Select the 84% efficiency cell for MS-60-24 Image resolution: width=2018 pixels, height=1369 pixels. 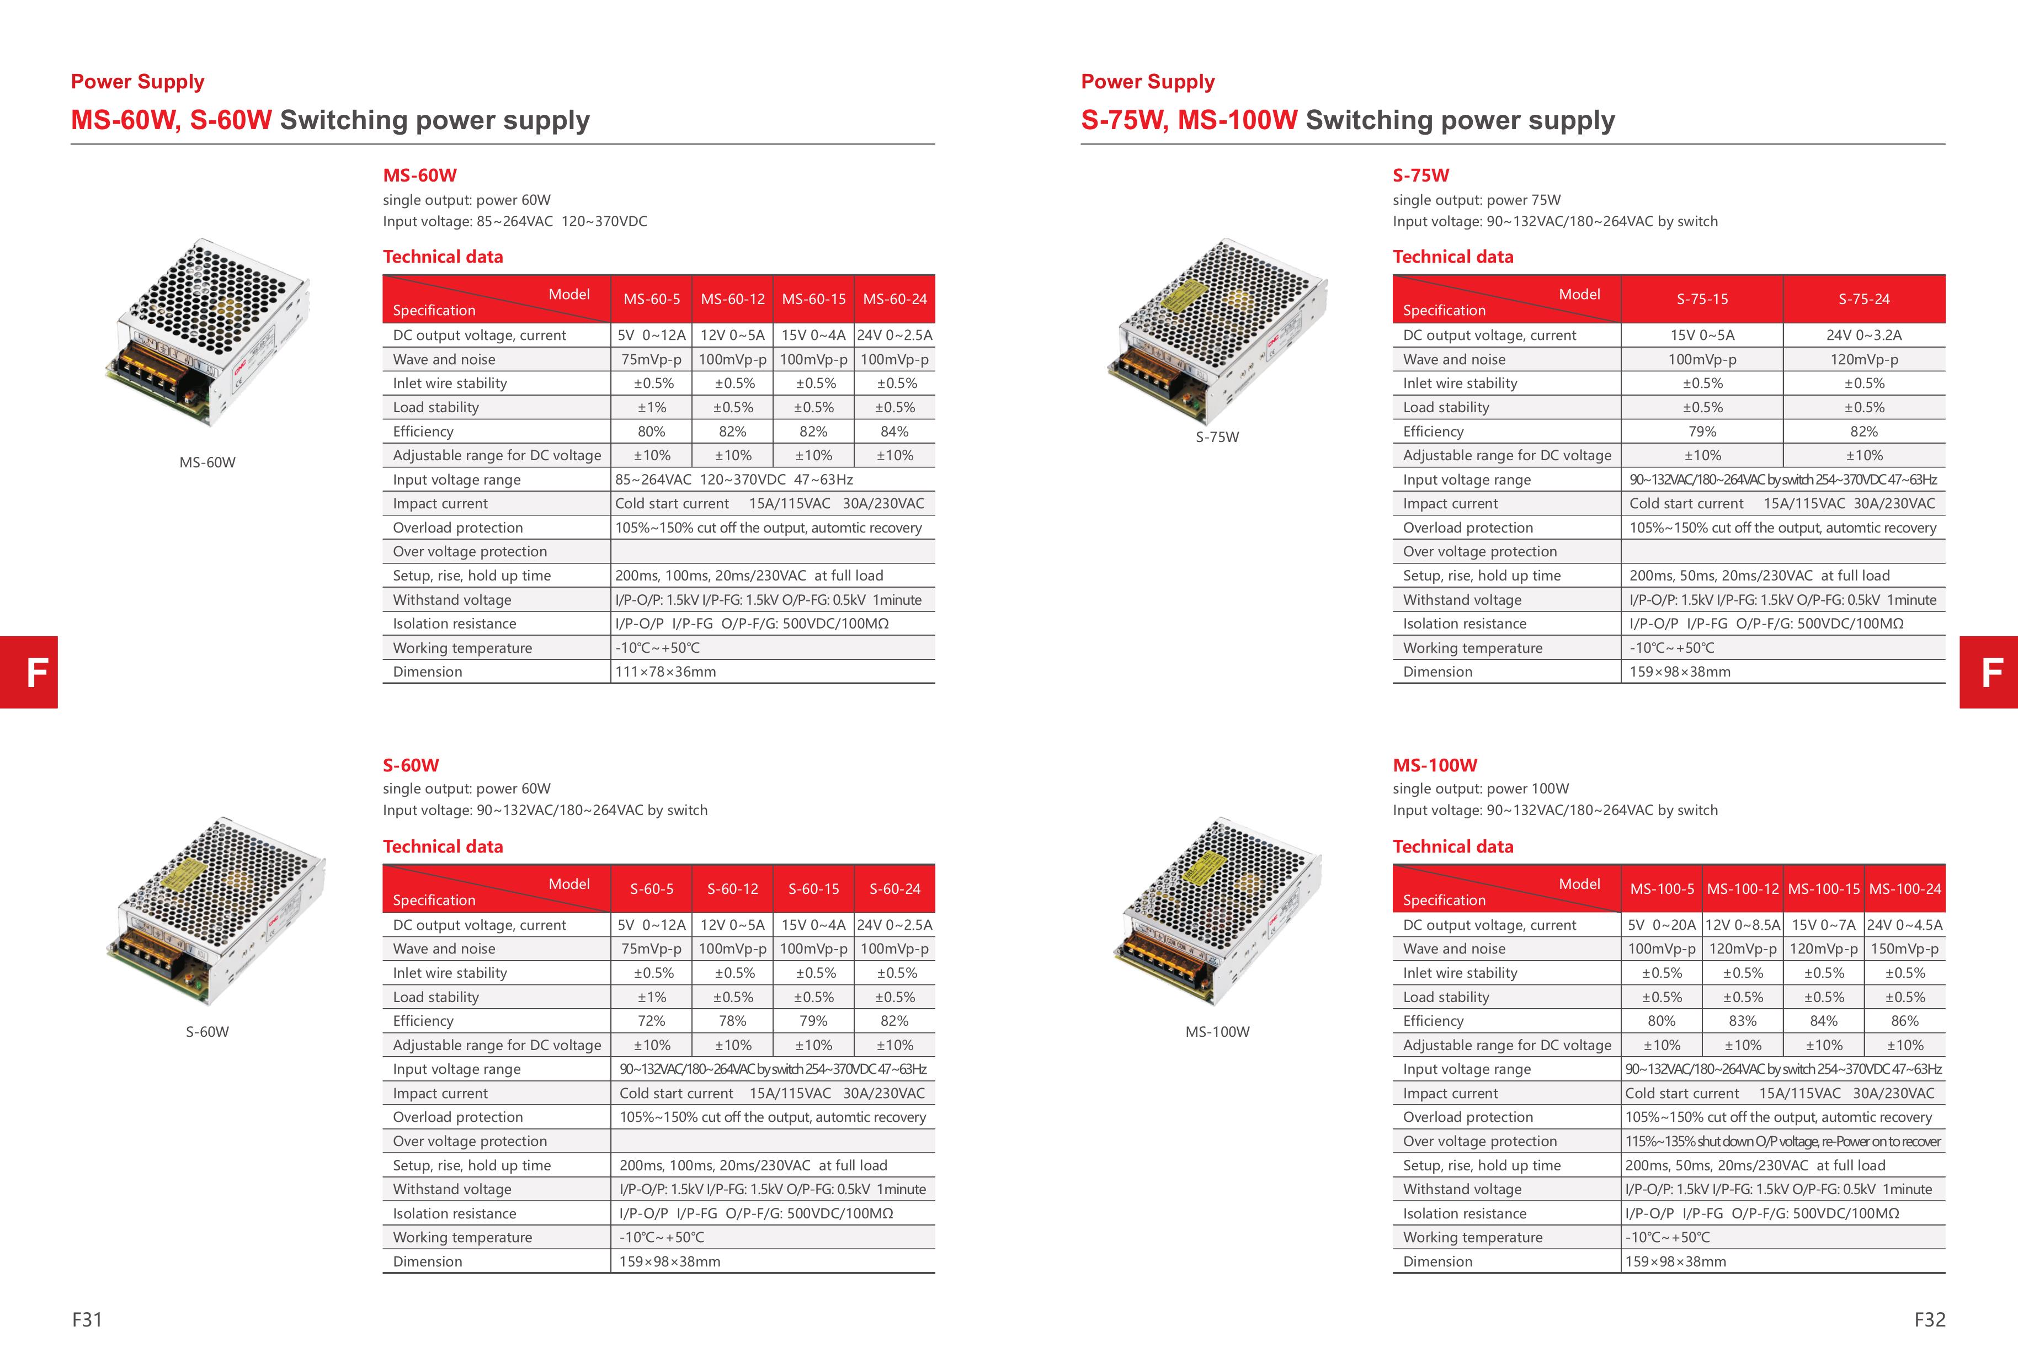(894, 432)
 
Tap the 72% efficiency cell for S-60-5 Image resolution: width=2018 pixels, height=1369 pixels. (651, 1021)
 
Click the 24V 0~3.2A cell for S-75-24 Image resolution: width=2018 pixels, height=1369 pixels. (1863, 335)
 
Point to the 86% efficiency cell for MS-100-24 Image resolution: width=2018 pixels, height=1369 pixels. (1904, 1021)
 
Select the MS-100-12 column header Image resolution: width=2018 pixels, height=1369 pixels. (1742, 889)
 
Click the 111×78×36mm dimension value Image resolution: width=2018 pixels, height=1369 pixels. (666, 672)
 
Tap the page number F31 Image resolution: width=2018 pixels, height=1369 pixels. (87, 1319)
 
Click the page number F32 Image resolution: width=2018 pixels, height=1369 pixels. (1929, 1319)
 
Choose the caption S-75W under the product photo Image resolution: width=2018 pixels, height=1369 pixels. (1217, 438)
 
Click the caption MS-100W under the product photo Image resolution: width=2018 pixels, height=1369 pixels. (1217, 1032)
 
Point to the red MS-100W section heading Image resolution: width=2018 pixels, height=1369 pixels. (1435, 766)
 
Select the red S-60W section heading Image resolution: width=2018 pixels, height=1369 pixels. (411, 766)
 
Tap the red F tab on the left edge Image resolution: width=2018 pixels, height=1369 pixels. (29, 672)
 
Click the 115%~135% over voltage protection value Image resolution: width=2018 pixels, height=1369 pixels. (1782, 1142)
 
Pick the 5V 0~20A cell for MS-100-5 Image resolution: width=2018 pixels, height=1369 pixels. (1661, 925)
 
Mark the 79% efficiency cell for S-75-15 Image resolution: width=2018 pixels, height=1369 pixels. (1702, 432)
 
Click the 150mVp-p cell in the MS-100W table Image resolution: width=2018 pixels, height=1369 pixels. (1904, 949)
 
